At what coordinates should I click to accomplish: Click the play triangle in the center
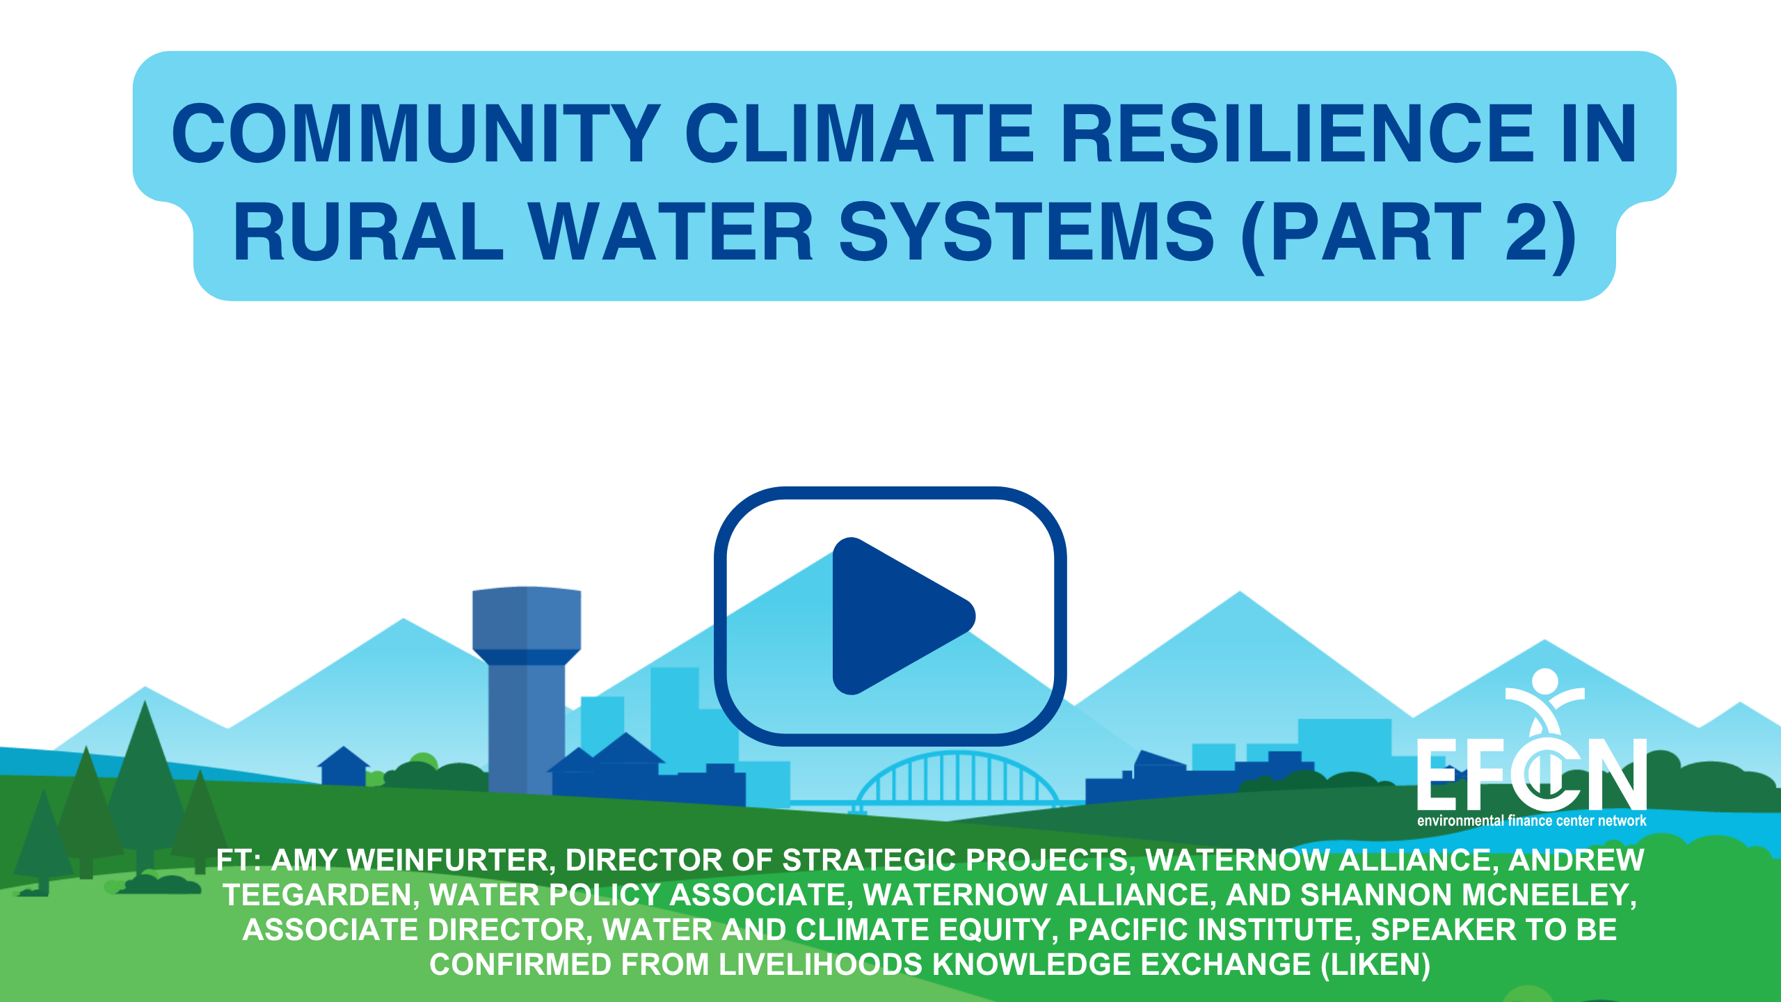click(897, 616)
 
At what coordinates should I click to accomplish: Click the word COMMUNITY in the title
click(416, 133)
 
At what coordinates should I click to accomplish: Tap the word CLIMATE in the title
click(861, 133)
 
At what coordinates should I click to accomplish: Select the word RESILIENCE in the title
click(1297, 133)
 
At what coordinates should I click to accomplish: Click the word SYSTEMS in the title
click(1027, 231)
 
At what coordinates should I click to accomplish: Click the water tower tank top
click(527, 619)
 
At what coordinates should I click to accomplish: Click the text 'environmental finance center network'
click(1532, 821)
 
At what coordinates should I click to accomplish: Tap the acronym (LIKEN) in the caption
click(1375, 964)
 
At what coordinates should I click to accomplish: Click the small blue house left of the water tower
click(344, 766)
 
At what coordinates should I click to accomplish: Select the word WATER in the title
click(671, 231)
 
